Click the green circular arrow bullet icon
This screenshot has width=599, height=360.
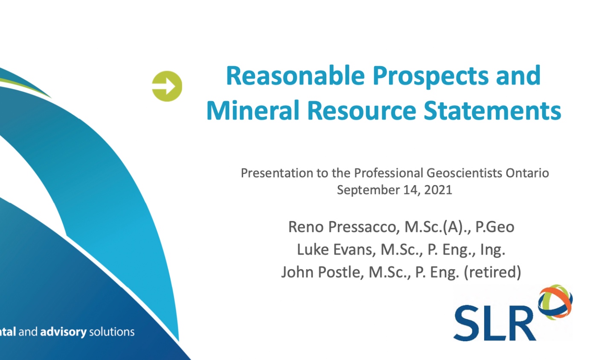pos(167,86)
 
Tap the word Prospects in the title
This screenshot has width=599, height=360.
pos(431,77)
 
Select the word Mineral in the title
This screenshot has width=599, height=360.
pos(253,110)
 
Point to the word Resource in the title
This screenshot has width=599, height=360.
pos(362,110)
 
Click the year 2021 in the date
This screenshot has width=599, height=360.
pos(438,190)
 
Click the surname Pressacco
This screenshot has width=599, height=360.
pos(363,227)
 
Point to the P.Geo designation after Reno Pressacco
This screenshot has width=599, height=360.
pos(495,227)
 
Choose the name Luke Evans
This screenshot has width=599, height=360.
pos(335,250)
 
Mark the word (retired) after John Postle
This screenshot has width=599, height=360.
pos(492,272)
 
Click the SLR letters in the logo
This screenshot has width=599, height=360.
pos(495,323)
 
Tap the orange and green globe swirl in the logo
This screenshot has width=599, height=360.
pos(555,302)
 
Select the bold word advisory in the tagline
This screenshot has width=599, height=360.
pos(64,332)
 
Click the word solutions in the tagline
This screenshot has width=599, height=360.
pos(112,332)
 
